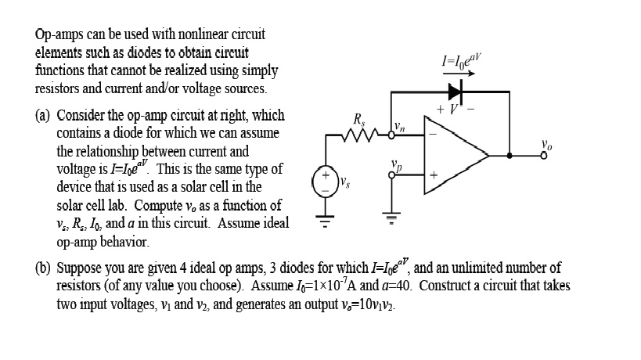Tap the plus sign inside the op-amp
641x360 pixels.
pos(432,175)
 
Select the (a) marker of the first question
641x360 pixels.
pos(43,116)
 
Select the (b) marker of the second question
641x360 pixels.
pos(43,268)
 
